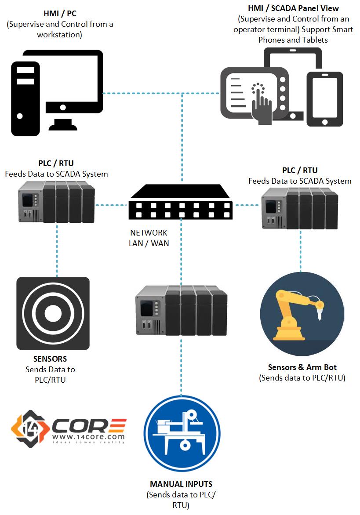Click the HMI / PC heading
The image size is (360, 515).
(x=60, y=14)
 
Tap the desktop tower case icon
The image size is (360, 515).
(x=25, y=98)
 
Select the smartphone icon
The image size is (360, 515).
(x=324, y=99)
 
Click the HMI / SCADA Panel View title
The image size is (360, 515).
(x=293, y=8)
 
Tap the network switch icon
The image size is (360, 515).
(x=181, y=202)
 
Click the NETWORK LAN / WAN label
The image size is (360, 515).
(x=149, y=238)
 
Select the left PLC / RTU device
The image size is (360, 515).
(x=57, y=202)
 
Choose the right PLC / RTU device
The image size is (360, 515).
(x=300, y=208)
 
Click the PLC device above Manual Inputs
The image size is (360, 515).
(x=181, y=310)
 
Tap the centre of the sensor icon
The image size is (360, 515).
(x=53, y=313)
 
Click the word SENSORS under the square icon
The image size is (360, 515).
(x=50, y=359)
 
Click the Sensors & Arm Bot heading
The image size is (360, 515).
(x=302, y=367)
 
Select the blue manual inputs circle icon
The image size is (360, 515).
(x=182, y=434)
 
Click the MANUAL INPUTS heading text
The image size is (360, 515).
(x=181, y=484)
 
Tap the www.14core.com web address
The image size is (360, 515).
(x=88, y=436)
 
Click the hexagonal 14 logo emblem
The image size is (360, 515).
(x=29, y=428)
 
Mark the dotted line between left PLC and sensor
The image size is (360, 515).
(x=57, y=250)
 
